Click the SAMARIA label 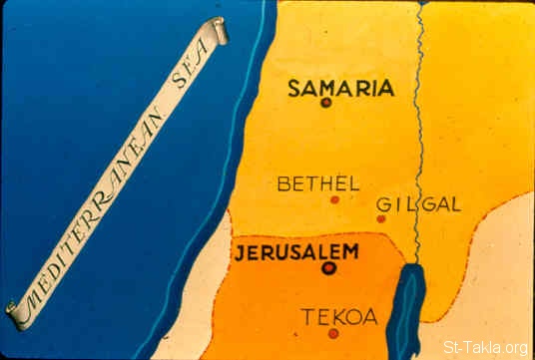pyautogui.click(x=340, y=88)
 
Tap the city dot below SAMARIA pyautogui.click(x=326, y=104)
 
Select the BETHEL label pyautogui.click(x=317, y=183)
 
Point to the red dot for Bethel pyautogui.click(x=334, y=199)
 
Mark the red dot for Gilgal pyautogui.click(x=380, y=218)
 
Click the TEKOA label pyautogui.click(x=339, y=317)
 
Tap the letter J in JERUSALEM pyautogui.click(x=239, y=251)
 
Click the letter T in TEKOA pyautogui.click(x=307, y=317)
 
